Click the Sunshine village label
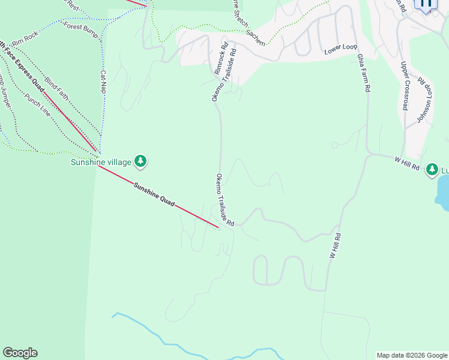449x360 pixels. point(100,161)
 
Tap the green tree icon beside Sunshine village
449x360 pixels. point(140,161)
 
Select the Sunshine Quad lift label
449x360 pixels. point(154,195)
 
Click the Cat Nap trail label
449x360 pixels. point(103,82)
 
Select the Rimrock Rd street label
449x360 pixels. point(221,58)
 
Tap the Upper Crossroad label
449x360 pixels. point(405,86)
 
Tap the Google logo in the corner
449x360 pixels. point(20,353)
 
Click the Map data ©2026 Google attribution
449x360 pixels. point(412,355)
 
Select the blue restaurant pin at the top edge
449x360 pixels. point(427,4)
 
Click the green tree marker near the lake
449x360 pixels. point(432,170)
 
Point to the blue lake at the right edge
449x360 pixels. point(443,195)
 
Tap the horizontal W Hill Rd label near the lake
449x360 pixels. point(406,163)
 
